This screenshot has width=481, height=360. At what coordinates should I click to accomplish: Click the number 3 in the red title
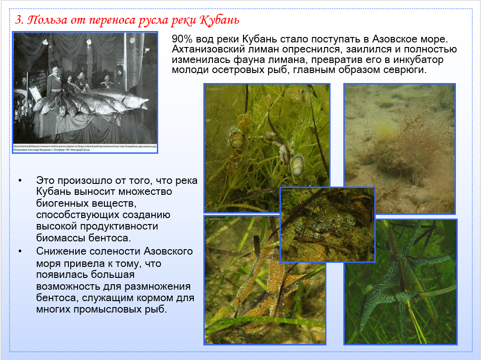(18, 21)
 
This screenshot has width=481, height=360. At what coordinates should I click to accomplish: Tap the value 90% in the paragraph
(182, 39)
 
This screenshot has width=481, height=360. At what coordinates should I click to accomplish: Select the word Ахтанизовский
(209, 49)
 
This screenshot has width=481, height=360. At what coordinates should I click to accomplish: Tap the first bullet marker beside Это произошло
(20, 181)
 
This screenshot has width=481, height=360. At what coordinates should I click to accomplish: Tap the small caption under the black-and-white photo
(85, 148)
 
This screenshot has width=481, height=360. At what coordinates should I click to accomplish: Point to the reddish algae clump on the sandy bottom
(388, 151)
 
